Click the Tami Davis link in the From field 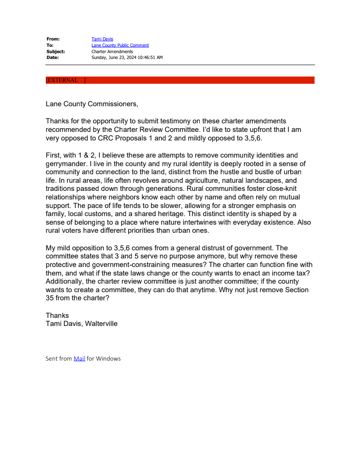point(102,39)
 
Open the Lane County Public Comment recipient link point(120,45)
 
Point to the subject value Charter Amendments point(112,51)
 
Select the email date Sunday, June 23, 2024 point(127,58)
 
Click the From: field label point(53,39)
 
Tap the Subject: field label point(55,51)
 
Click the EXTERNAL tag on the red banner point(63,80)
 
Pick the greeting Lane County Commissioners point(92,104)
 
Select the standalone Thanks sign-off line point(57,315)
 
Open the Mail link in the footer point(79,359)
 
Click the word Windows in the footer point(108,359)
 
